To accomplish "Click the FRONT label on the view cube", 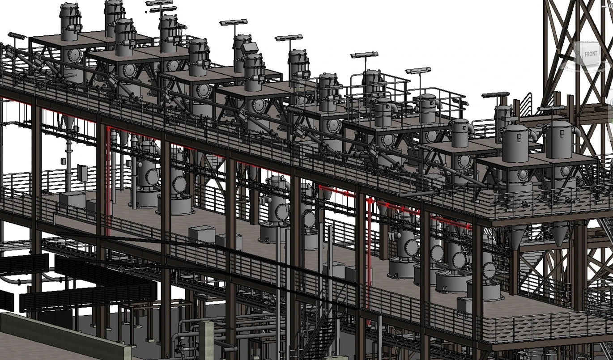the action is click(x=591, y=54).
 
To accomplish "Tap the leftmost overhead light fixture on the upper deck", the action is click(x=17, y=36).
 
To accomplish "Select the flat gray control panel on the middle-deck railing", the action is click(x=82, y=173).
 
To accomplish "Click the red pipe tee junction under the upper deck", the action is click(x=370, y=201).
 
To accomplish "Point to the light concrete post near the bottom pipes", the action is click(x=206, y=340).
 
